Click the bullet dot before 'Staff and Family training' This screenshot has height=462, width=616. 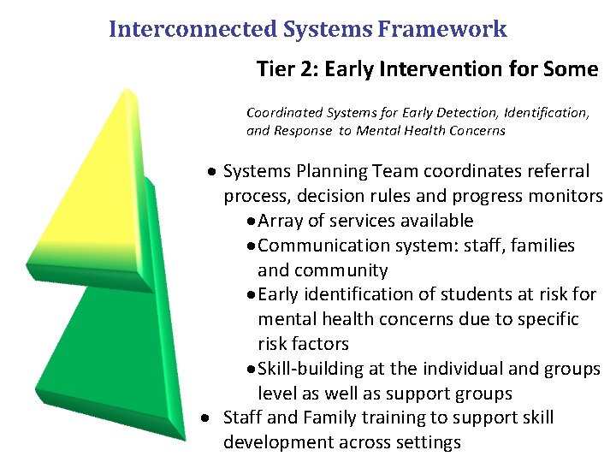210,418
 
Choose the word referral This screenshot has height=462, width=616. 558,171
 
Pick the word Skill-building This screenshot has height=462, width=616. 312,369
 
